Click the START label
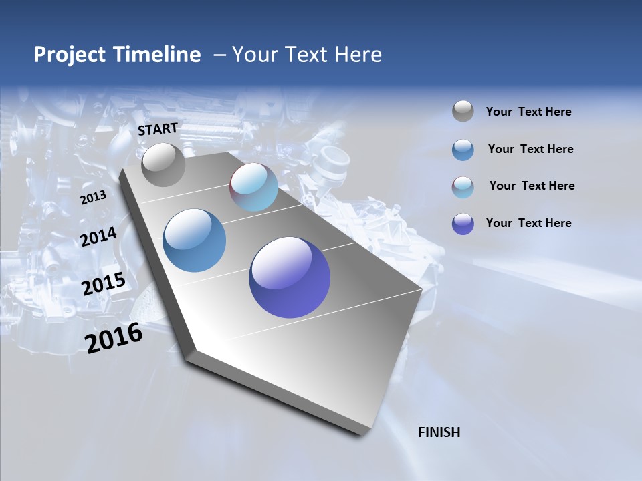point(158,129)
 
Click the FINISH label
point(439,432)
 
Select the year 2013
point(93,197)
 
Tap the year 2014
point(99,236)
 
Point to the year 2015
point(104,284)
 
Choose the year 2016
point(114,337)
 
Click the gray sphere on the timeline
point(163,164)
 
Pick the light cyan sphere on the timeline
point(253,187)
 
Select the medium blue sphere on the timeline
point(195,240)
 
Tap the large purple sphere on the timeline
point(290,277)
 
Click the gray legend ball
point(463,111)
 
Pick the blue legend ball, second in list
point(463,150)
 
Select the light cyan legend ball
point(463,187)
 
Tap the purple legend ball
point(463,224)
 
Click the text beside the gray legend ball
point(528,112)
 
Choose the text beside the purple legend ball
point(528,223)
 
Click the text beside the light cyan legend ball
point(532,186)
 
